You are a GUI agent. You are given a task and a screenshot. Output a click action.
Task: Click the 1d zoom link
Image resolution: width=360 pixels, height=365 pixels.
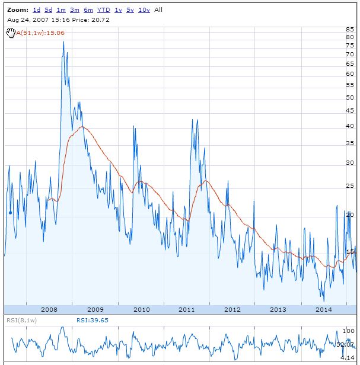tap(37, 10)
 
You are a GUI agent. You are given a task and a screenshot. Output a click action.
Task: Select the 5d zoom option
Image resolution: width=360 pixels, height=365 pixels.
tap(49, 10)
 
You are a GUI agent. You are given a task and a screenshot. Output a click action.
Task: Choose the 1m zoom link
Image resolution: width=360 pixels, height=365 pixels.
tap(61, 10)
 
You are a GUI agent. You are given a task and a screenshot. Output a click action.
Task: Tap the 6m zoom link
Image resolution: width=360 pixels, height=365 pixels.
tap(88, 10)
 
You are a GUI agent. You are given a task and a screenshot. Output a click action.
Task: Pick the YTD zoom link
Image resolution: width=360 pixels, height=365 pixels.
tap(103, 10)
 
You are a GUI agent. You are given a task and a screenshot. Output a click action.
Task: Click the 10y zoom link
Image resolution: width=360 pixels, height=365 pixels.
tap(144, 10)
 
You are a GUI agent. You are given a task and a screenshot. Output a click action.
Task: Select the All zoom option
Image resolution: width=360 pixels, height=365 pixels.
tap(158, 10)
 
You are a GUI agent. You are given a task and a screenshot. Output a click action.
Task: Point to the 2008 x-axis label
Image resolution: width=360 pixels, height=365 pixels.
tap(49, 309)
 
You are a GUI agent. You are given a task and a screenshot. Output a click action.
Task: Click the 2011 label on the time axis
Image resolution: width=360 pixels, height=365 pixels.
tap(186, 309)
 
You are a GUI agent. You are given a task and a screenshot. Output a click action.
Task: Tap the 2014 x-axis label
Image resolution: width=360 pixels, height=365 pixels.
tap(323, 309)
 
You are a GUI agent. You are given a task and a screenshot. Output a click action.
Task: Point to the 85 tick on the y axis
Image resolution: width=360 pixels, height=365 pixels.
tap(350, 29)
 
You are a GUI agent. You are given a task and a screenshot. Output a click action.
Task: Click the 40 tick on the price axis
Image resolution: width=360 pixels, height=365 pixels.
tap(350, 126)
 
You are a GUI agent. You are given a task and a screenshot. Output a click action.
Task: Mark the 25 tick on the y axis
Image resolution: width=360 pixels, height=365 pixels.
tap(350, 187)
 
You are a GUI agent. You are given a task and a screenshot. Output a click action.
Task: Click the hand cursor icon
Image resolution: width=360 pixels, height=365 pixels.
tap(10, 33)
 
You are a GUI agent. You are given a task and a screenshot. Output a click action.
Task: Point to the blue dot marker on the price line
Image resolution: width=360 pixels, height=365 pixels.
tap(11, 212)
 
